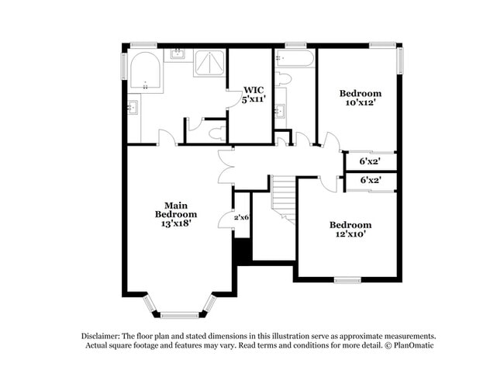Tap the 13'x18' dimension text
(175, 223)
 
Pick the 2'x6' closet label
(242, 218)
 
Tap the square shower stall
(209, 64)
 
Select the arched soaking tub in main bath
(145, 73)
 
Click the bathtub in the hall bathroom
(295, 59)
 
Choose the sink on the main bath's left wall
(133, 107)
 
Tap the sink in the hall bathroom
(280, 110)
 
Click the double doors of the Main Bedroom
(225, 166)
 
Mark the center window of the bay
(180, 315)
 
